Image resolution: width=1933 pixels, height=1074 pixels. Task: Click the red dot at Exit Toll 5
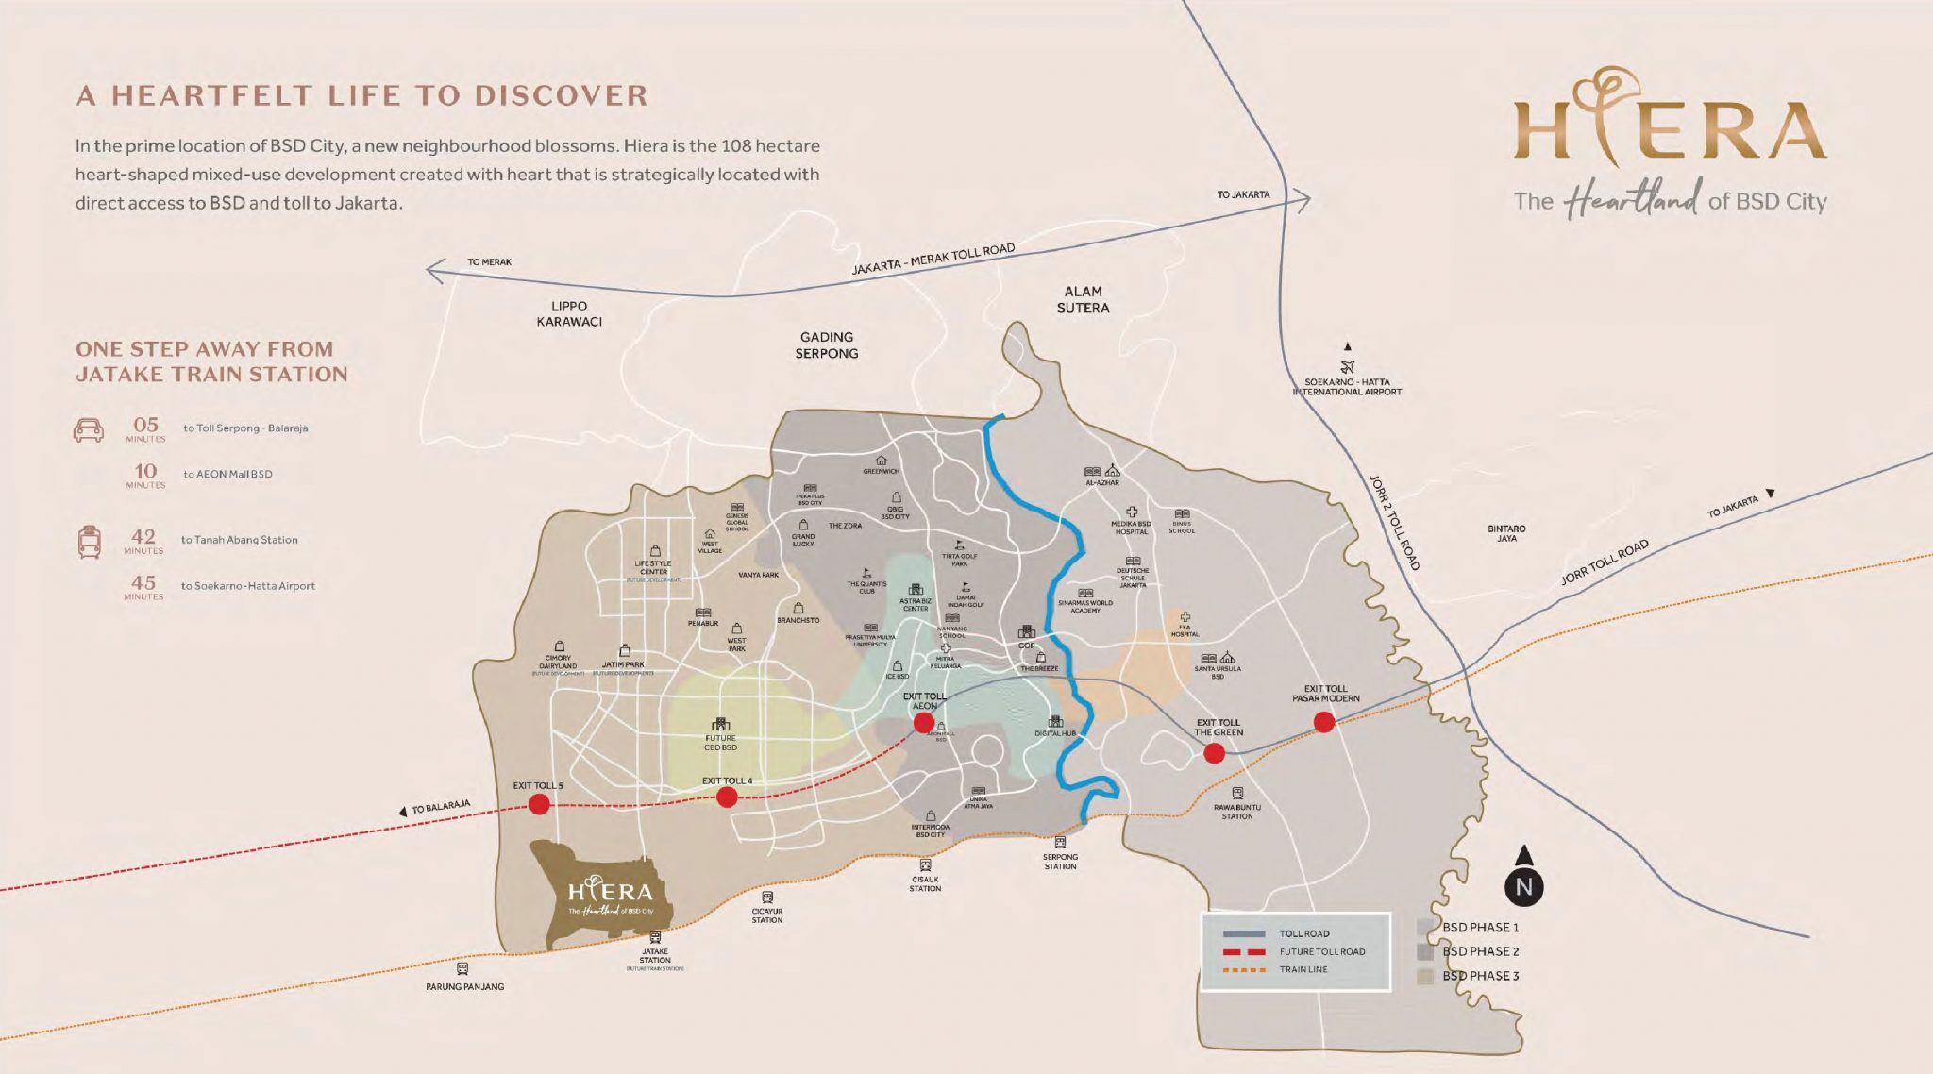[x=539, y=804]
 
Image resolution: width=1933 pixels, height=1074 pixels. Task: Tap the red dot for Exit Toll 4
[x=727, y=797]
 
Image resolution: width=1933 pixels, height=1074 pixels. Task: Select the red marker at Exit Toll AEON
[x=924, y=723]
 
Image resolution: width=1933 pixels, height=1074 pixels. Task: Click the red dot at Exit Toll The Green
[x=1214, y=753]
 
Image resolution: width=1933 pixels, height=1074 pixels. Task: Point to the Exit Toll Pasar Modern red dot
[x=1324, y=722]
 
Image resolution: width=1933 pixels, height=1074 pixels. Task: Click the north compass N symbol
[x=1524, y=886]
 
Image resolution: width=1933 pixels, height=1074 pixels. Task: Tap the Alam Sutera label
[x=1083, y=299]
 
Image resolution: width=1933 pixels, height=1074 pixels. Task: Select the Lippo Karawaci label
[x=569, y=313]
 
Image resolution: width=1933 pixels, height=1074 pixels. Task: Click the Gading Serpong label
[x=828, y=344]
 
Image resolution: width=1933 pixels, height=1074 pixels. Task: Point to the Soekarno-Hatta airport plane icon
[x=1347, y=367]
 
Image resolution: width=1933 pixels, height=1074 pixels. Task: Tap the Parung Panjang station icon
[x=462, y=968]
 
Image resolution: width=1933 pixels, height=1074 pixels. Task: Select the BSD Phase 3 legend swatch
[x=1426, y=976]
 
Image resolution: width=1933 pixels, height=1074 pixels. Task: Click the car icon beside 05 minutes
[x=88, y=430]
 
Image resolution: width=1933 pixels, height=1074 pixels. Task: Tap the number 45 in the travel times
[x=143, y=583]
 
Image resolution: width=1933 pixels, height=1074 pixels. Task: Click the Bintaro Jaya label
[x=1506, y=533]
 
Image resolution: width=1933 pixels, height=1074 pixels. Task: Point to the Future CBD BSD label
[x=720, y=743]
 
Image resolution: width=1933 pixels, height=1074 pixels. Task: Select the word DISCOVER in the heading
[x=561, y=95]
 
